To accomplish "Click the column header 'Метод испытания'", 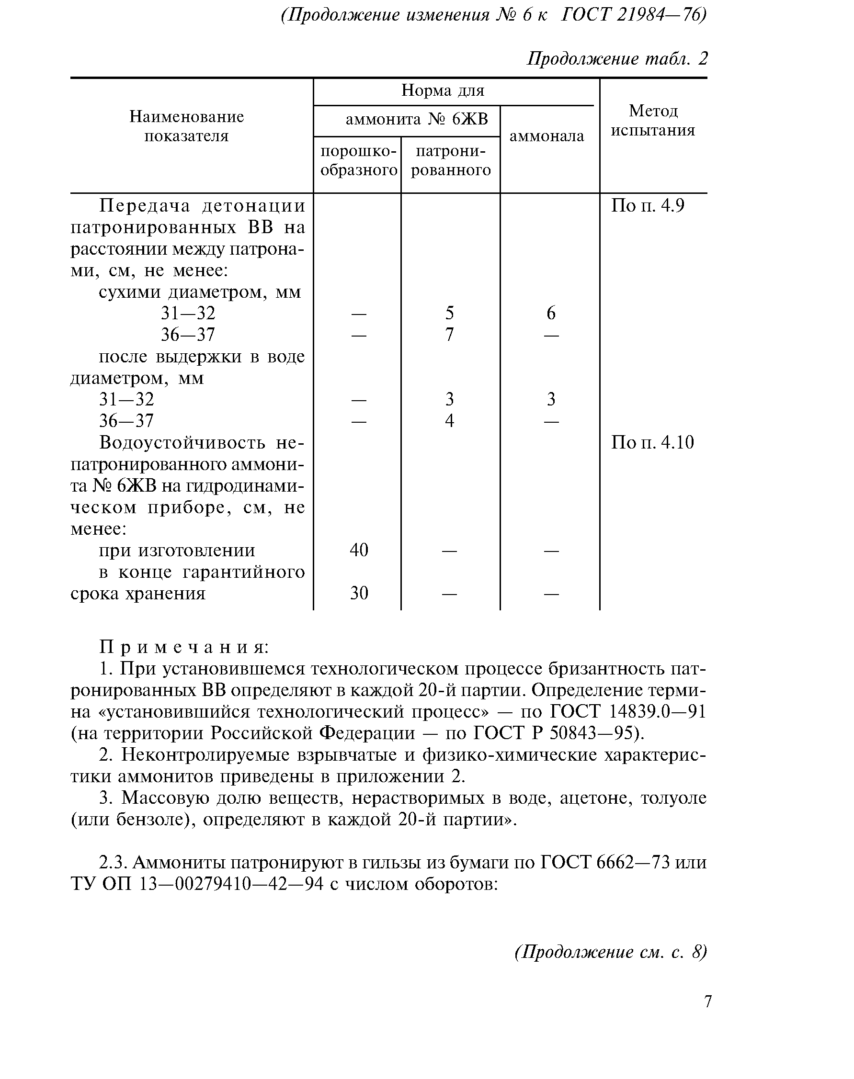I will [653, 121].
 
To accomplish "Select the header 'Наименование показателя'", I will [186, 126].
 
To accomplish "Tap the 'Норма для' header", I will [443, 91].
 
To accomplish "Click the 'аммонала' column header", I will [547, 136].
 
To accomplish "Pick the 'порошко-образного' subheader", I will [358, 161].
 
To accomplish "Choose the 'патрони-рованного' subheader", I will [451, 161].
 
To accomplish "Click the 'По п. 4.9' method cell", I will [648, 206].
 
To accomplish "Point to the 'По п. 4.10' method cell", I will [652, 443].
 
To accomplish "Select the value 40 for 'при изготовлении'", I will [358, 550].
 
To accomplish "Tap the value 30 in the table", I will [358, 593].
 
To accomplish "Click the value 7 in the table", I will [449, 334].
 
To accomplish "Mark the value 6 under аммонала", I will [550, 314].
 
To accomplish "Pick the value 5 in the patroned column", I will [449, 314].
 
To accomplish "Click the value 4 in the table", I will [449, 421].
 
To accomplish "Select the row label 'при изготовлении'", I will [177, 551].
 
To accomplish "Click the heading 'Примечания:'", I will [184, 647].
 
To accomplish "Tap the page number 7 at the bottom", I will [707, 1001].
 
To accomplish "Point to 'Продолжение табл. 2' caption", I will [617, 59].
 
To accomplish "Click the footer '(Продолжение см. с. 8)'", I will [611, 952].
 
